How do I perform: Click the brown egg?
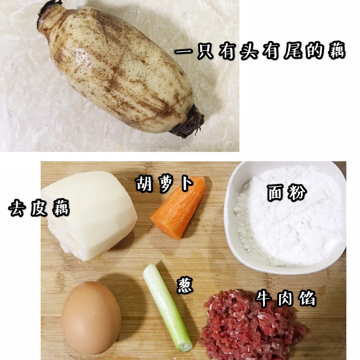pos(91,318)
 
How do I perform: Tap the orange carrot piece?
pos(178,208)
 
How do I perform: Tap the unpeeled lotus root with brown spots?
pos(119,69)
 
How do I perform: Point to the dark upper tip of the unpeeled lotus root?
pos(49,9)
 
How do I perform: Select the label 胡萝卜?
pos(164,184)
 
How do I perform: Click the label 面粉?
pos(287,193)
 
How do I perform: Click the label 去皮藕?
pos(39,208)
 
